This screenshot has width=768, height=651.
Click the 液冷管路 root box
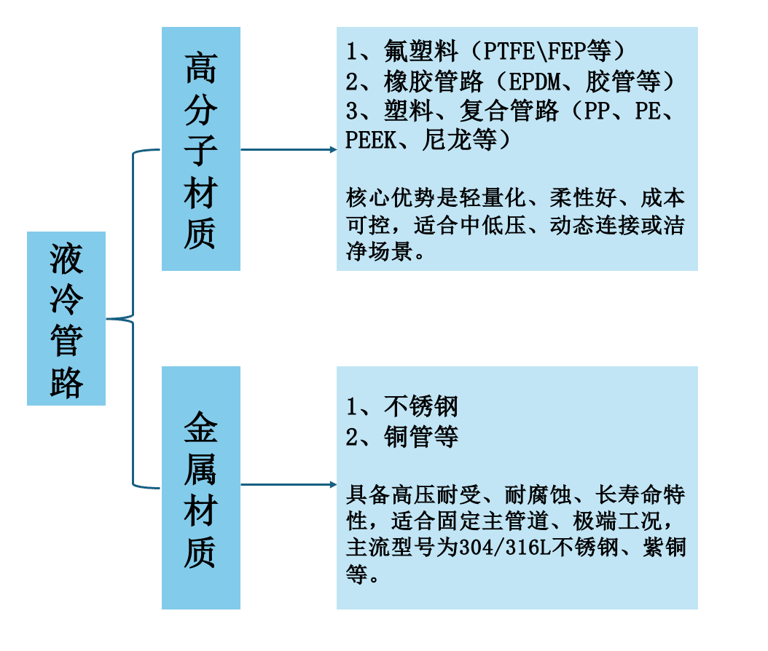click(x=66, y=318)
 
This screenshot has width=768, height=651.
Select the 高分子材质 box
click(x=200, y=149)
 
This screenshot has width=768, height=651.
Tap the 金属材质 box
click(x=200, y=487)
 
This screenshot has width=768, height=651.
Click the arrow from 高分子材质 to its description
click(x=288, y=149)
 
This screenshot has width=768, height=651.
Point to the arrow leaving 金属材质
click(x=288, y=484)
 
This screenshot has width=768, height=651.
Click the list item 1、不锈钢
click(x=402, y=407)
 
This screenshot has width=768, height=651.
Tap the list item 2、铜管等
click(x=402, y=437)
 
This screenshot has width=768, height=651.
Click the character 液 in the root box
click(x=66, y=259)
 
